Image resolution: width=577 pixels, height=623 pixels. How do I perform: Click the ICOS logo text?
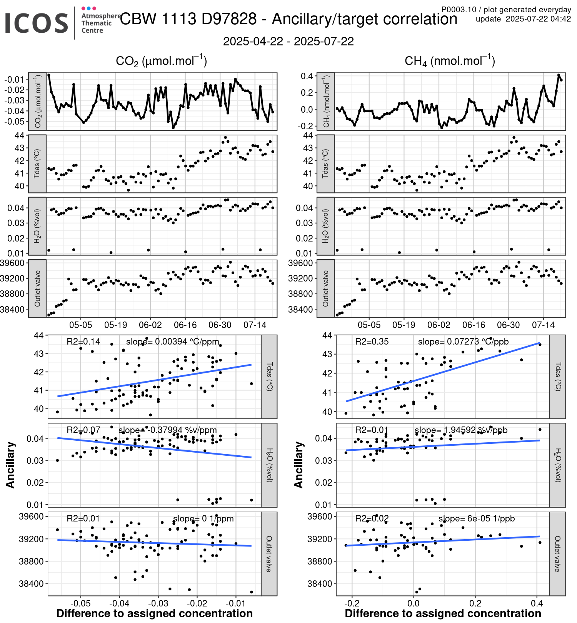tap(37, 23)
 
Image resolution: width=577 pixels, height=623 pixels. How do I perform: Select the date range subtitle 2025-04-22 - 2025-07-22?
tap(288, 42)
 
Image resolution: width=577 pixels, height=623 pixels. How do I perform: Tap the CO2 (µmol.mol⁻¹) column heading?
tap(161, 61)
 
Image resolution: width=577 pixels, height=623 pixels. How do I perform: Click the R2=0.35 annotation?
tap(372, 341)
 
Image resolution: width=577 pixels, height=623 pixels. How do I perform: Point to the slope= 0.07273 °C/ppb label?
tap(463, 341)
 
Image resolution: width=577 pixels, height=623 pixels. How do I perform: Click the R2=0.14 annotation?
tap(83, 341)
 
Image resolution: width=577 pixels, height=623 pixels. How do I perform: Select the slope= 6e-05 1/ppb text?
tap(476, 518)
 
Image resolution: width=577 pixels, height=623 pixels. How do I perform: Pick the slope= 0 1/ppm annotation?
tap(203, 518)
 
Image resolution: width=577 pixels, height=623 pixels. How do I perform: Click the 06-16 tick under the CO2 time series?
tap(185, 325)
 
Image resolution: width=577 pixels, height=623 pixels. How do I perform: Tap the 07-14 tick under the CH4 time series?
tap(543, 325)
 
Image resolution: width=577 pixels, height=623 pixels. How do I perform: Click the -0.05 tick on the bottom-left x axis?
tap(81, 603)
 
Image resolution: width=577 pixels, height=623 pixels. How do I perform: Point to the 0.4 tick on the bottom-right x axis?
tap(537, 603)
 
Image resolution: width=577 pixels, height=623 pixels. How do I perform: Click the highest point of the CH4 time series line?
tap(559, 75)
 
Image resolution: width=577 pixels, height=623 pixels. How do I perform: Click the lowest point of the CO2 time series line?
tap(173, 127)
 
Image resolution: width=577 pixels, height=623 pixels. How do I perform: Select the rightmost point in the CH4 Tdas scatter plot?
tap(540, 345)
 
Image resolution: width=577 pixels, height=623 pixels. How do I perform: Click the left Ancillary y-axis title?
tap(10, 465)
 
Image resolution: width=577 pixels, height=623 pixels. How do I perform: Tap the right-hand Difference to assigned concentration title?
tap(443, 613)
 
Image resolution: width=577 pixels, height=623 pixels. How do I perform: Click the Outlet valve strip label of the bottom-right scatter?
tap(557, 554)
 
